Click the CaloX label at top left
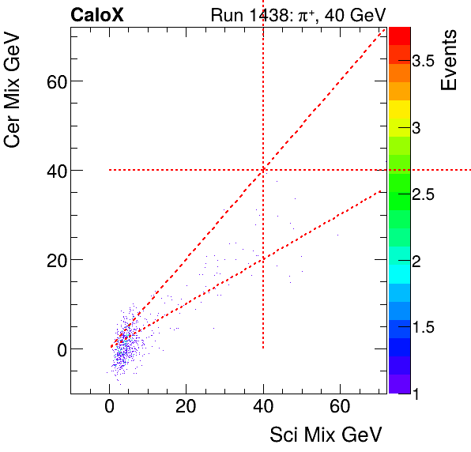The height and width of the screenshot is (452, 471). tap(96, 15)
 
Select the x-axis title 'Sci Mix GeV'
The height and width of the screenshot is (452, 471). tap(326, 435)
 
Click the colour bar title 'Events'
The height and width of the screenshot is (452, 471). tap(450, 61)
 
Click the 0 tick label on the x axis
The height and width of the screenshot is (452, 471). tap(109, 407)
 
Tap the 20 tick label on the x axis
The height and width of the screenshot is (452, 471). tap(186, 407)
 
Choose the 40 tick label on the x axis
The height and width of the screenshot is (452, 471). tap(263, 407)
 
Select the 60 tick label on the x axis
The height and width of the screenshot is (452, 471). tap(340, 407)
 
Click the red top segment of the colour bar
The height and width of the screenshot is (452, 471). tap(399, 35)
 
